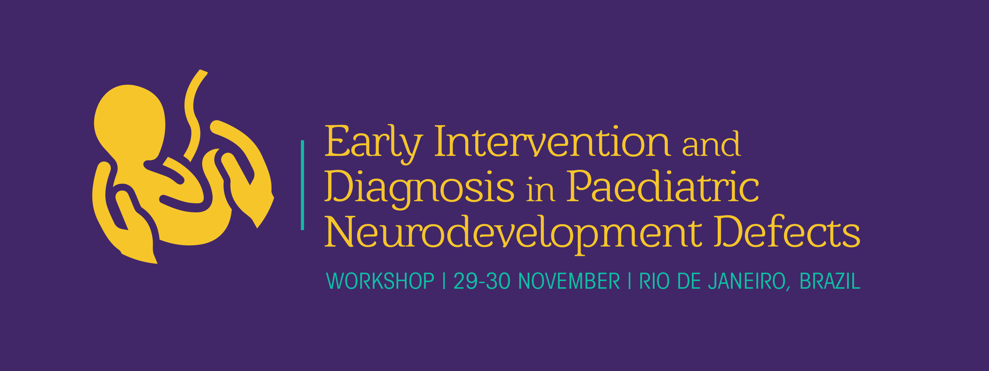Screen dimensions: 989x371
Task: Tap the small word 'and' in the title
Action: [x=711, y=144]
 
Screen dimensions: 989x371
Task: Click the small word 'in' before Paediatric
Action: [x=541, y=190]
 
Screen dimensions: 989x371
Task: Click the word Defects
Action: [x=787, y=231]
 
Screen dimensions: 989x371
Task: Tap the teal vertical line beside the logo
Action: [x=303, y=185]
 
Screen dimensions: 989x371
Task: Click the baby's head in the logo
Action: [x=130, y=119]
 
